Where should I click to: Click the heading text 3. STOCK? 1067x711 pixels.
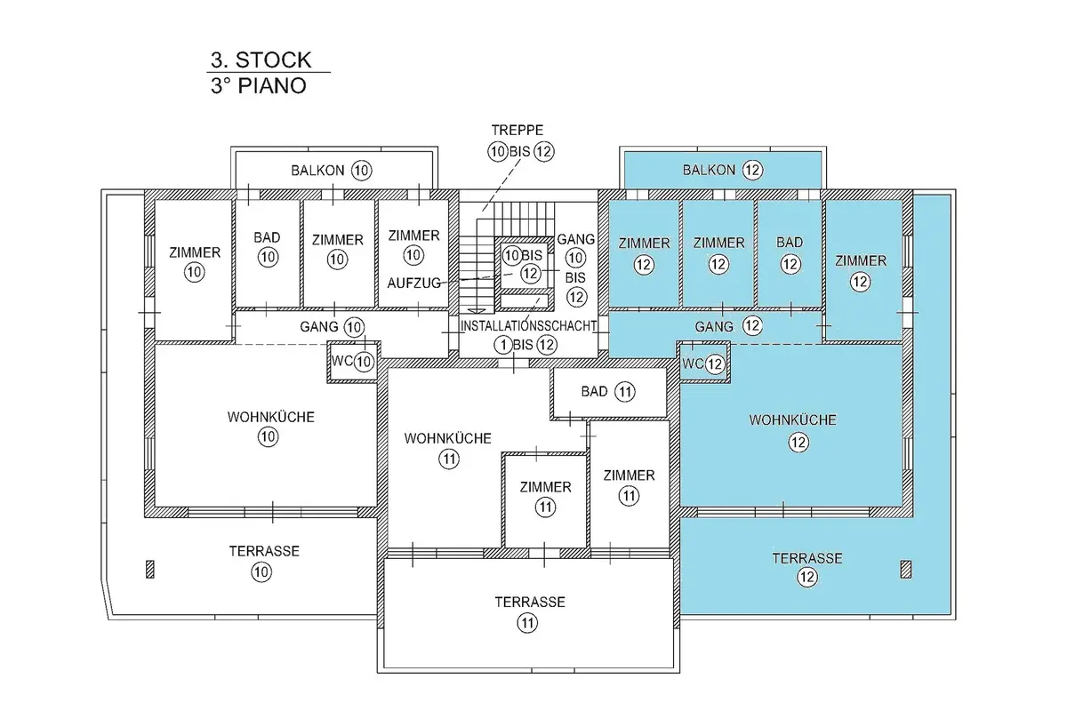tap(261, 60)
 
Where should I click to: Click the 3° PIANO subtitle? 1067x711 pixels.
tap(259, 86)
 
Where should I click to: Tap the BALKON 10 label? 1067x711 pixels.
tap(332, 170)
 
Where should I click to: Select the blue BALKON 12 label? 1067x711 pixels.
tap(723, 170)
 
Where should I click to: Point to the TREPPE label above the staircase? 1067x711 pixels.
tap(517, 130)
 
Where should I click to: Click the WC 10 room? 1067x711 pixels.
tap(353, 362)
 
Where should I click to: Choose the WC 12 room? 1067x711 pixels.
tap(704, 363)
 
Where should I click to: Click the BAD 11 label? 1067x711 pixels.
tap(608, 392)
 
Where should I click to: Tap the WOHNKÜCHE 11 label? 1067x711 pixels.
tap(448, 449)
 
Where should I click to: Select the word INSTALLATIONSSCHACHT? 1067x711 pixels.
tap(528, 326)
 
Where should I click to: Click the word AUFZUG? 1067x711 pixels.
tap(414, 284)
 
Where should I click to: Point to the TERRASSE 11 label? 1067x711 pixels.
tap(530, 612)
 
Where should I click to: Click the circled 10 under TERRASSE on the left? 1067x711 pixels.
tap(261, 571)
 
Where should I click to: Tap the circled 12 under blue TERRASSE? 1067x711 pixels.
tap(807, 577)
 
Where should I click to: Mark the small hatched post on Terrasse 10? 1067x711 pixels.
tap(150, 569)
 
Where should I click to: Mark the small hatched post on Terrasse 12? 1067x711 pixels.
tap(906, 569)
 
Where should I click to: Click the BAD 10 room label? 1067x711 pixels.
tap(268, 247)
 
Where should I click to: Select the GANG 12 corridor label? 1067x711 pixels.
tap(729, 326)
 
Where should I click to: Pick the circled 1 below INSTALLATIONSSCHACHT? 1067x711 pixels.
tap(503, 345)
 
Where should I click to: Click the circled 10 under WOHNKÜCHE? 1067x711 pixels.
tap(268, 436)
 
